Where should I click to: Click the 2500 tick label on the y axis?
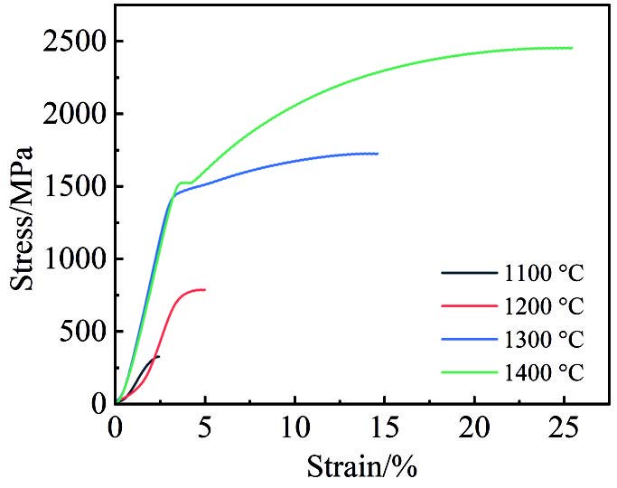pos(74,42)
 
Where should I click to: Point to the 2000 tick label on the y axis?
pos(74,115)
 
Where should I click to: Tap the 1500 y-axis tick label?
pos(74,187)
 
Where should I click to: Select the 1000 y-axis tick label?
pos(74,259)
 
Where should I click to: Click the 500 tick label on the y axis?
pos(81,332)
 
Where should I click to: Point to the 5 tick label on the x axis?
pos(205,427)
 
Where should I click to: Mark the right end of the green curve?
pos(572,48)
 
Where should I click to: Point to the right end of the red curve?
pos(205,289)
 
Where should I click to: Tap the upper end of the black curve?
pos(159,356)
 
